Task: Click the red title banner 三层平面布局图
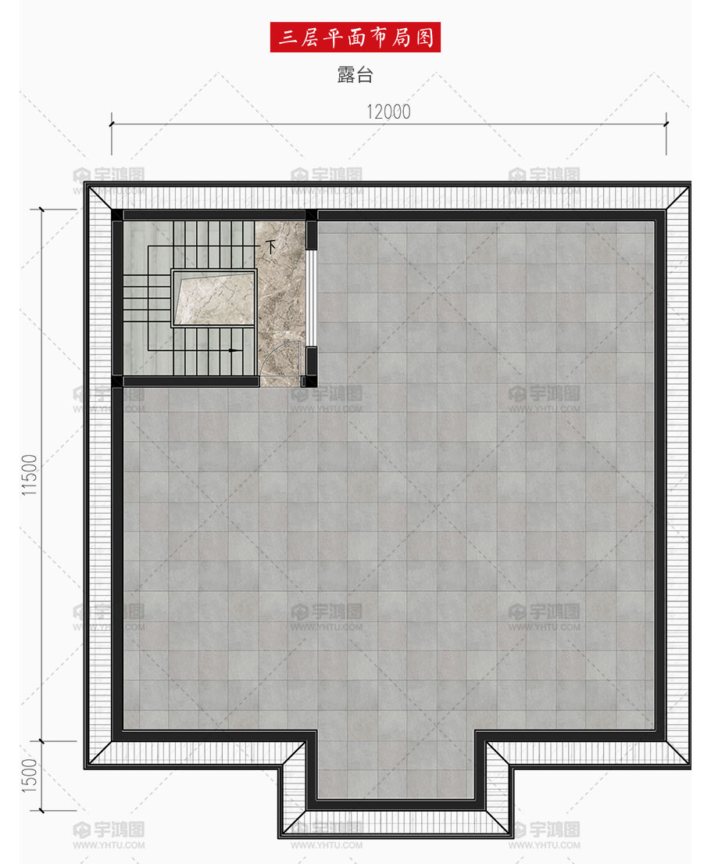tap(355, 37)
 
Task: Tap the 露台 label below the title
tap(355, 74)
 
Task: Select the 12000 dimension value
tap(389, 112)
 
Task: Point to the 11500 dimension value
tap(29, 475)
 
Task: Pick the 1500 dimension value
tap(29, 776)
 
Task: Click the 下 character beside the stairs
tap(270, 246)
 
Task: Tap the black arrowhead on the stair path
tap(235, 350)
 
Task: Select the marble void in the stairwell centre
tap(215, 298)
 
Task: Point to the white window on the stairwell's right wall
tap(312, 298)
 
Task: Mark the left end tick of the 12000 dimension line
tap(111, 124)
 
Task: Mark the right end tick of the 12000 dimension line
tap(666, 124)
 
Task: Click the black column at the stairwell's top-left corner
tap(117, 215)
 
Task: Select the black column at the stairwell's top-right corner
tap(312, 215)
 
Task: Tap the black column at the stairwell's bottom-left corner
tap(117, 382)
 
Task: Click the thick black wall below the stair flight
tap(191, 382)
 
